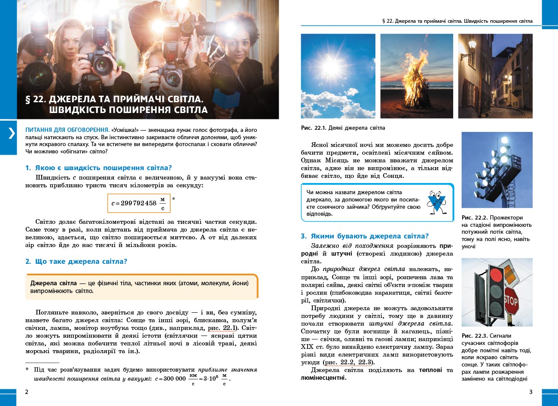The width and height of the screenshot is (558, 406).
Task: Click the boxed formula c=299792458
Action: tap(139, 203)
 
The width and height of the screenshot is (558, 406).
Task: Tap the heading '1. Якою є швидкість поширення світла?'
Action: tap(98, 168)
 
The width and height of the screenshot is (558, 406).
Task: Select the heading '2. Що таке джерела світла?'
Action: tap(76, 262)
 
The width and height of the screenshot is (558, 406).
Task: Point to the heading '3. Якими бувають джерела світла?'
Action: tap(365, 236)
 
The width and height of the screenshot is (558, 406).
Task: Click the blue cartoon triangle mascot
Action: tap(436, 201)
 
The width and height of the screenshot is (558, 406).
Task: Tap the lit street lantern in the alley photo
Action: tap(473, 44)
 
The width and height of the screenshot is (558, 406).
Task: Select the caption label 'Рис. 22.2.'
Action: tap(474, 217)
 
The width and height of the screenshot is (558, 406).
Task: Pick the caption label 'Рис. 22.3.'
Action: tap(474, 336)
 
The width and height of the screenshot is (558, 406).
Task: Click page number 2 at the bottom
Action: tap(27, 392)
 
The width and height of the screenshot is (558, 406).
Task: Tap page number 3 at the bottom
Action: tap(531, 392)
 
